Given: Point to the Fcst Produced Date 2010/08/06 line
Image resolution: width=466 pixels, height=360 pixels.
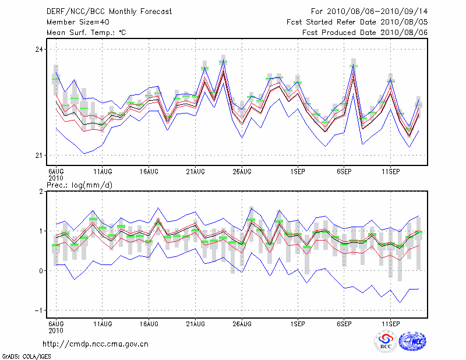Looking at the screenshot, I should (x=365, y=33).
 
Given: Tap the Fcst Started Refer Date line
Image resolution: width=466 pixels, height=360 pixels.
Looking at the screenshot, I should (x=357, y=22).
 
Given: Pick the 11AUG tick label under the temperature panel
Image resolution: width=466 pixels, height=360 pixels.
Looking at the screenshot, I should (x=103, y=172).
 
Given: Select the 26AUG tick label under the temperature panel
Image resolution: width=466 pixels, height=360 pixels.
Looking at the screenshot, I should (x=242, y=172).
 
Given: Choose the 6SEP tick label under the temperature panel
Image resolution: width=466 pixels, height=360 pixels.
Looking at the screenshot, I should (x=344, y=172).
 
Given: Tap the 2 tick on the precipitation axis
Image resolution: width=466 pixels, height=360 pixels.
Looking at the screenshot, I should (x=41, y=192).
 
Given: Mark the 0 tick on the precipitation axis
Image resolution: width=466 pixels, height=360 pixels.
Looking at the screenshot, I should (x=41, y=271).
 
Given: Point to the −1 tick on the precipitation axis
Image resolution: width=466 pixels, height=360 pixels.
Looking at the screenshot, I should (x=38, y=310).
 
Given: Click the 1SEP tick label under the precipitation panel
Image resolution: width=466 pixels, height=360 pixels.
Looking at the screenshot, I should (x=298, y=323).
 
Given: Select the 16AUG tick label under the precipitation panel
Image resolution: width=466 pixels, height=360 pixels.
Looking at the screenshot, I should (x=149, y=323).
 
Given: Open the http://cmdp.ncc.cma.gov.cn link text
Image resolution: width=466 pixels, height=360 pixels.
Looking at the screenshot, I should (x=97, y=344).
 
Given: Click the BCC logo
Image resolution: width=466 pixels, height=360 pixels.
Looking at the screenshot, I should (x=386, y=343).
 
